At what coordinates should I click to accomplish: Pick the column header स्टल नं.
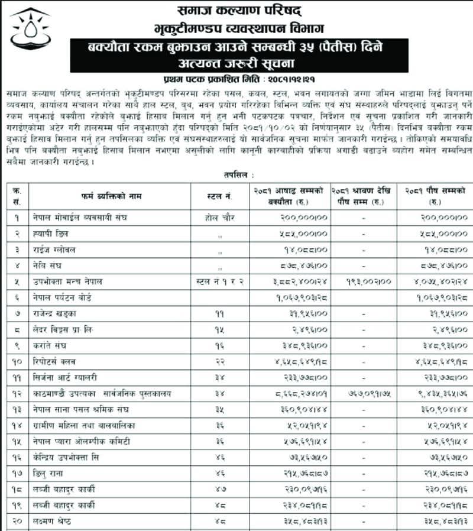[219, 195]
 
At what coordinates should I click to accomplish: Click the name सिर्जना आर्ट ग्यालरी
[64, 377]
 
